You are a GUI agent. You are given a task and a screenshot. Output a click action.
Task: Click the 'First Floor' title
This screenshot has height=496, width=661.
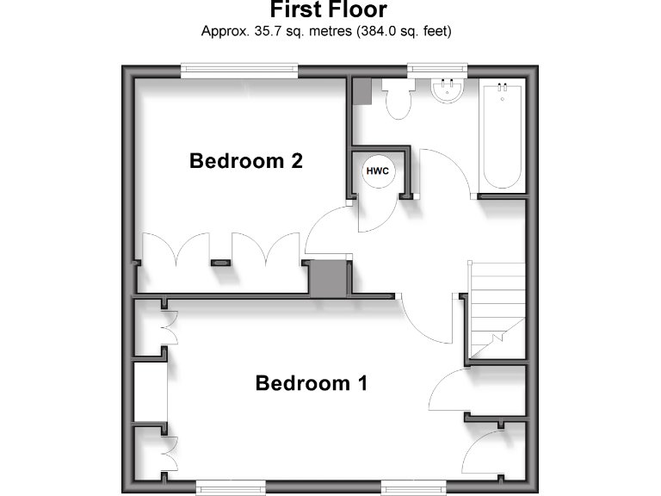click(329, 10)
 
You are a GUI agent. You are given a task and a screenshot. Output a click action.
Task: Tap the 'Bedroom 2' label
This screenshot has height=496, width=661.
click(246, 161)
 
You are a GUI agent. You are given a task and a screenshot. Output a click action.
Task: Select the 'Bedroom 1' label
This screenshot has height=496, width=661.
click(312, 383)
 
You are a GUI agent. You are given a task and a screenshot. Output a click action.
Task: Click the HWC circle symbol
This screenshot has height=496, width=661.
click(378, 170)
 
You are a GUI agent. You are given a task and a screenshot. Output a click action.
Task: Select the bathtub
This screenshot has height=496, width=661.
click(503, 135)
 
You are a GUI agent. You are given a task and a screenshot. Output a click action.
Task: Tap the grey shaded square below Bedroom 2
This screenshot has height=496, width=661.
click(327, 279)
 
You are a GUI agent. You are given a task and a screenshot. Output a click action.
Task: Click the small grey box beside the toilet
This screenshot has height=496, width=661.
click(361, 91)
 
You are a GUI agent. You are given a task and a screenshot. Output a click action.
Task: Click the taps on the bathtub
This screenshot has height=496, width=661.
click(503, 86)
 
